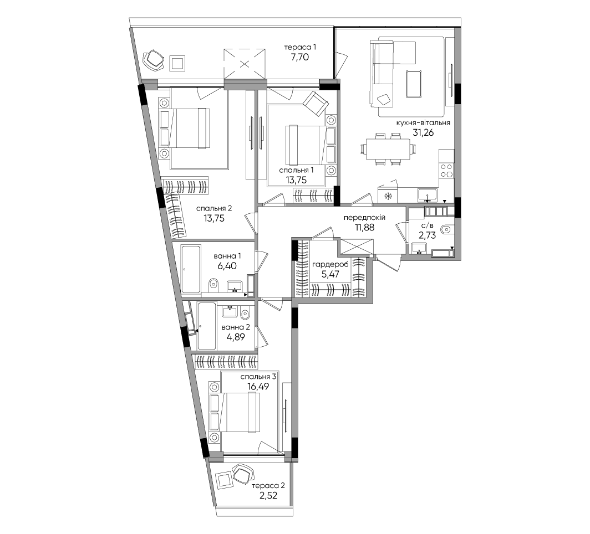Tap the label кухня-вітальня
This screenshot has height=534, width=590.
coord(423,122)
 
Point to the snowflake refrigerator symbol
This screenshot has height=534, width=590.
coord(388,196)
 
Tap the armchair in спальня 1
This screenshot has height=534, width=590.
coord(316,103)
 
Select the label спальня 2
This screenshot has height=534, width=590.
coord(213,208)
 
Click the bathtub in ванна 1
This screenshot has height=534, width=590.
coord(191,269)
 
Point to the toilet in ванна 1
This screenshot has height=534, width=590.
coord(213,285)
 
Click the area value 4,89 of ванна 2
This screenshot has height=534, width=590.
coord(236,337)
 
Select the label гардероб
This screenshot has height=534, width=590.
coord(330,265)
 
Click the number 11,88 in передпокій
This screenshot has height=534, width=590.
coord(364,227)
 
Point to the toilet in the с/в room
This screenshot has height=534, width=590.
coord(447,228)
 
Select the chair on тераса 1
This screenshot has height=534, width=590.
coord(154,59)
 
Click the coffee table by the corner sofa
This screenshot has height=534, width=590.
coord(414,84)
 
